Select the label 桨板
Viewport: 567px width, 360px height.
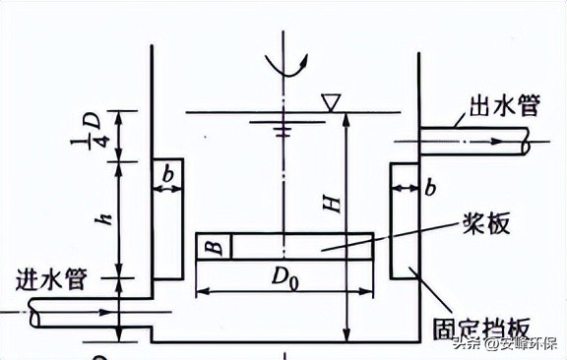[x=484, y=224]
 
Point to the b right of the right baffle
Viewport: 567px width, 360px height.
[x=430, y=187]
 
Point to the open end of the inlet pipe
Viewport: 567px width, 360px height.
[x=34, y=316]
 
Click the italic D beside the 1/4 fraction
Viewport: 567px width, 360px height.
[x=95, y=118]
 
